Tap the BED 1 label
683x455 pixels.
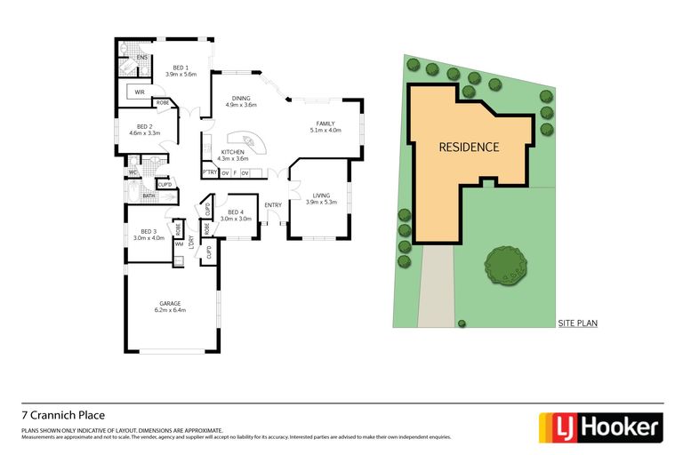181,68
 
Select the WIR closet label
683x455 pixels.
140,92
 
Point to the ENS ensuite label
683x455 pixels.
141,59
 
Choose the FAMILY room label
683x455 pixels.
324,124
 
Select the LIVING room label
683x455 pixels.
318,196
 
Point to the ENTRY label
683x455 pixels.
272,205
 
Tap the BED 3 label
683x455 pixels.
149,231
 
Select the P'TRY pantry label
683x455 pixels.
210,172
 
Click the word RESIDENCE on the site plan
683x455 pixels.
469,148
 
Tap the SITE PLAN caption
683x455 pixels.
577,323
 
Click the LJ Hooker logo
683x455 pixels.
601,427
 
